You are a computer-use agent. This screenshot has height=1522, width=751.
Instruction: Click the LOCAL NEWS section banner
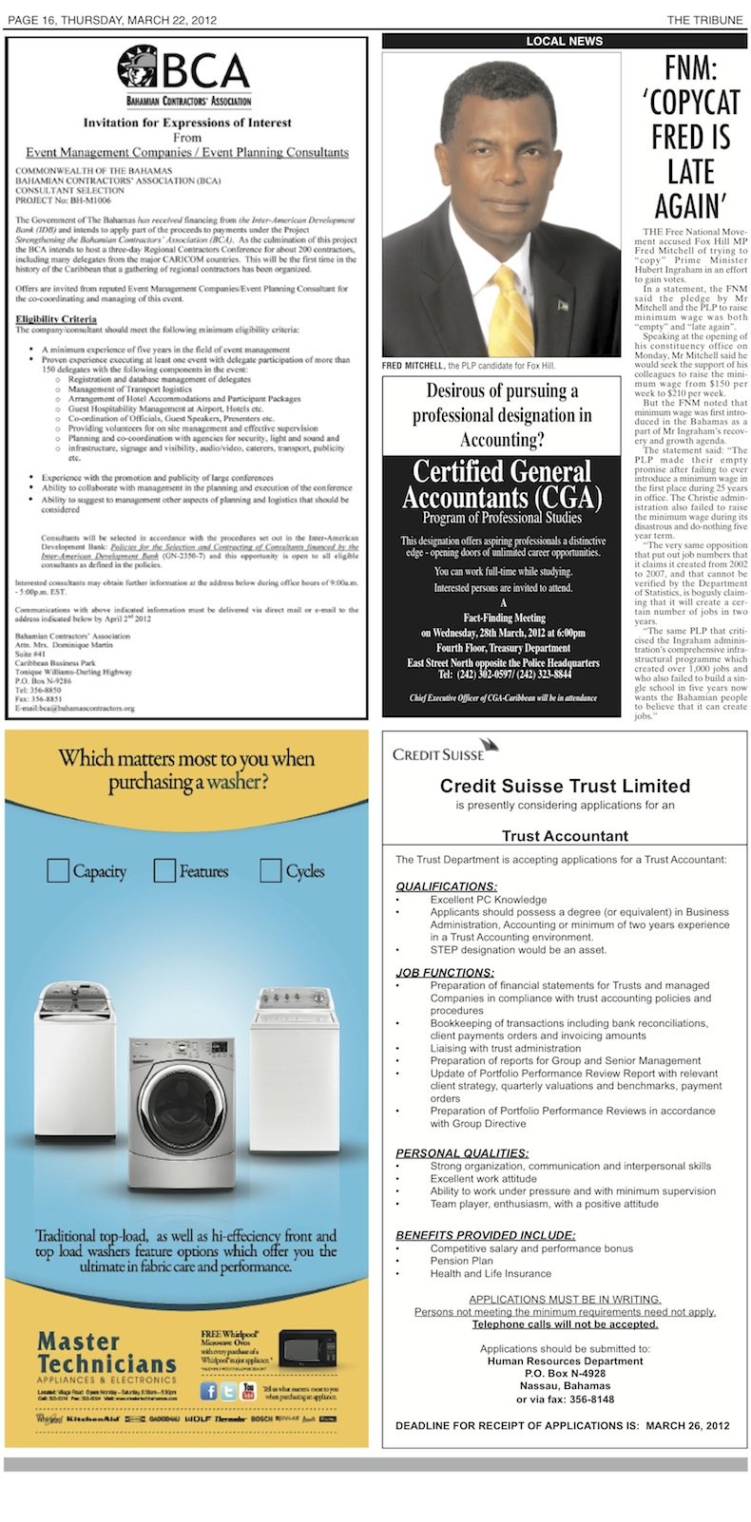click(x=565, y=41)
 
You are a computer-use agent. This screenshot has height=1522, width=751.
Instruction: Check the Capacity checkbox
click(x=58, y=870)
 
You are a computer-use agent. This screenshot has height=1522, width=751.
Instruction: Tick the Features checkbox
click(x=165, y=870)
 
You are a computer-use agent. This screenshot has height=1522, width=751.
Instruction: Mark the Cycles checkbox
click(x=271, y=870)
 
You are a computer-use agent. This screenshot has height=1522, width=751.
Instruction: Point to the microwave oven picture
click(x=307, y=1348)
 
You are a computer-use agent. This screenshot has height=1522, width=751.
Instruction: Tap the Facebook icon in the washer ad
click(x=208, y=1391)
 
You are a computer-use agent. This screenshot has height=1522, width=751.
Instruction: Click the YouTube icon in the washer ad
click(x=249, y=1391)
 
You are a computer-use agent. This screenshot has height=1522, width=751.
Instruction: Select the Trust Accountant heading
click(x=565, y=836)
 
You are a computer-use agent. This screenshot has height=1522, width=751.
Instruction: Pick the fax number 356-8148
click(x=591, y=1398)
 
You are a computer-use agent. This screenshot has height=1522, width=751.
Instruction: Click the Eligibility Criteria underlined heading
click(x=56, y=318)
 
